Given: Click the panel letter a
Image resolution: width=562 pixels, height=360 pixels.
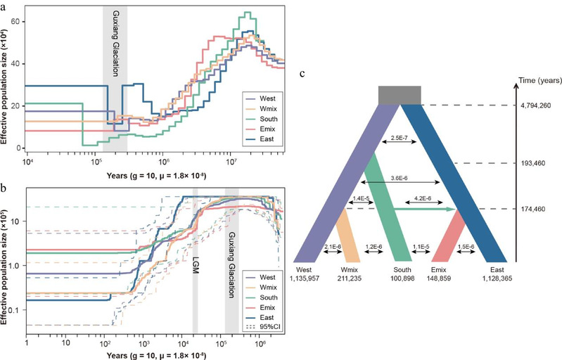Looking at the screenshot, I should coord(4,5).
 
